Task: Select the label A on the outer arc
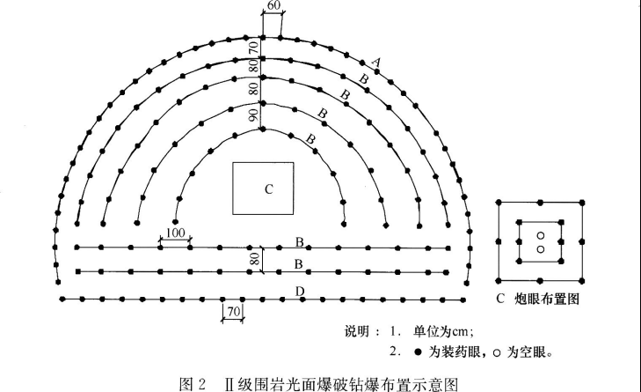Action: (x=375, y=61)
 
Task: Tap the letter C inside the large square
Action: (x=269, y=189)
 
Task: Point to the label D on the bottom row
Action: (x=300, y=291)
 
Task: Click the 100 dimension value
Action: (x=174, y=232)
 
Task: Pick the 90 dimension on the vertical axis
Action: (x=253, y=115)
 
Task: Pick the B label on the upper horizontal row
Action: (x=299, y=241)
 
